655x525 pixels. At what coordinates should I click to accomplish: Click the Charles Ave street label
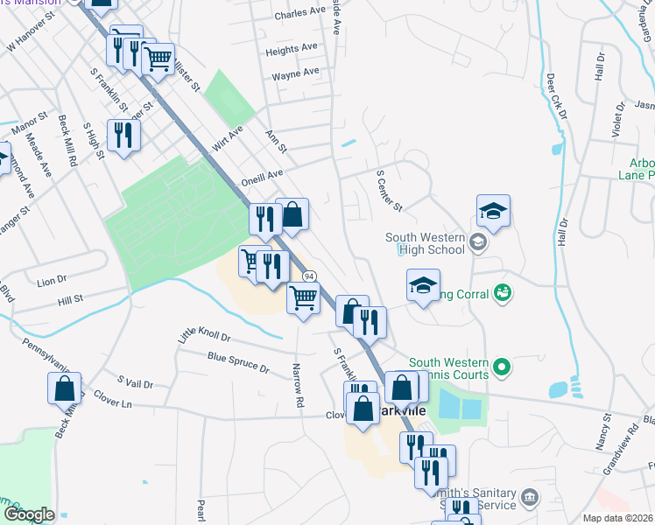299,14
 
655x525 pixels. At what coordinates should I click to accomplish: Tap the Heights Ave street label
292,49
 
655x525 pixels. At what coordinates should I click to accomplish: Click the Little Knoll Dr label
204,336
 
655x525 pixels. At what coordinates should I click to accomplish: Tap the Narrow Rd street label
298,385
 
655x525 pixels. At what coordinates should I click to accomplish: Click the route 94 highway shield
309,276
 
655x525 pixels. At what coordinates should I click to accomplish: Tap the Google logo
29,514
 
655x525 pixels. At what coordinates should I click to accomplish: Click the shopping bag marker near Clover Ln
65,388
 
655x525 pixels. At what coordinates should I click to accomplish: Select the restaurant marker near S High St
123,136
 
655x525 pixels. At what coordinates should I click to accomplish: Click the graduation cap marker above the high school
493,211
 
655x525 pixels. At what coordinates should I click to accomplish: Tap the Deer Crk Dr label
557,96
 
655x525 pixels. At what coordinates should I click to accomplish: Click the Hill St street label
70,299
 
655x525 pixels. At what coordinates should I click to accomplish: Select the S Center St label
388,191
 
